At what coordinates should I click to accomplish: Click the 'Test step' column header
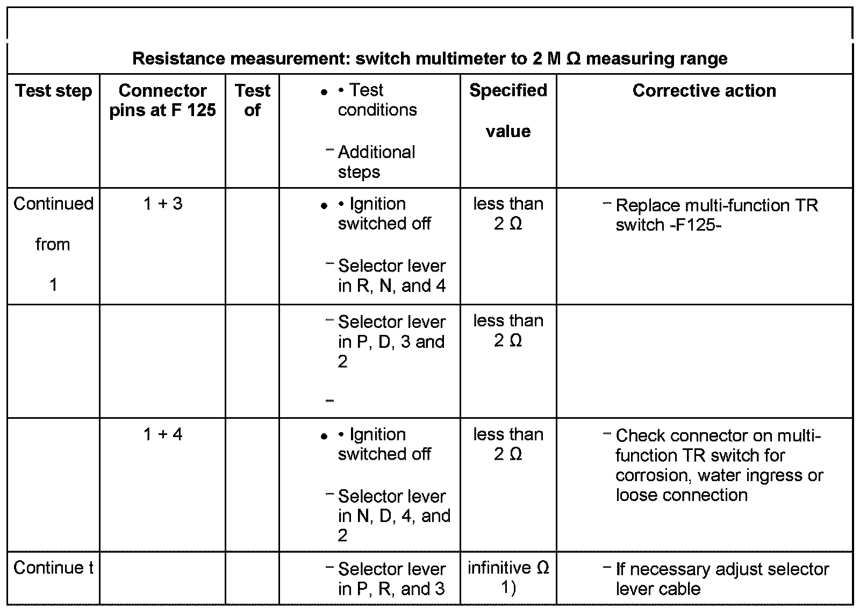click(x=53, y=91)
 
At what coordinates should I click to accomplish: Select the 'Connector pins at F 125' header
click(x=162, y=100)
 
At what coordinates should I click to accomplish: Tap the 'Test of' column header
click(x=252, y=100)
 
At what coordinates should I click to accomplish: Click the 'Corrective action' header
click(x=704, y=91)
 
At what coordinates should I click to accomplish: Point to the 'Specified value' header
click(x=508, y=110)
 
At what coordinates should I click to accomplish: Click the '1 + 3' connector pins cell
click(x=163, y=204)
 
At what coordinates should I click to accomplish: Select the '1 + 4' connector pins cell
click(x=163, y=434)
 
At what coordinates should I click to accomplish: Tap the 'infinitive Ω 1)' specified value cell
click(x=508, y=578)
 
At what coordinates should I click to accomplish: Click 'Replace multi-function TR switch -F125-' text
click(x=716, y=215)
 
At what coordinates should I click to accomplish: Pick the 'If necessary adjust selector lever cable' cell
click(x=722, y=578)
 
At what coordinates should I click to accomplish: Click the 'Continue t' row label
click(x=53, y=568)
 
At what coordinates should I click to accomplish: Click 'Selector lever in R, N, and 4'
click(x=392, y=276)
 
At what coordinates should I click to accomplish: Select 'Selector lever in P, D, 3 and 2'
click(x=391, y=342)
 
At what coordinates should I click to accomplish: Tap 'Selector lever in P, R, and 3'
click(x=391, y=578)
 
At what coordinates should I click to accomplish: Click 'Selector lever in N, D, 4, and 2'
click(x=393, y=516)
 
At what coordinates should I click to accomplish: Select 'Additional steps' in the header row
click(x=376, y=162)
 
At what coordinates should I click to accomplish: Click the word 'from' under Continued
click(x=53, y=245)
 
